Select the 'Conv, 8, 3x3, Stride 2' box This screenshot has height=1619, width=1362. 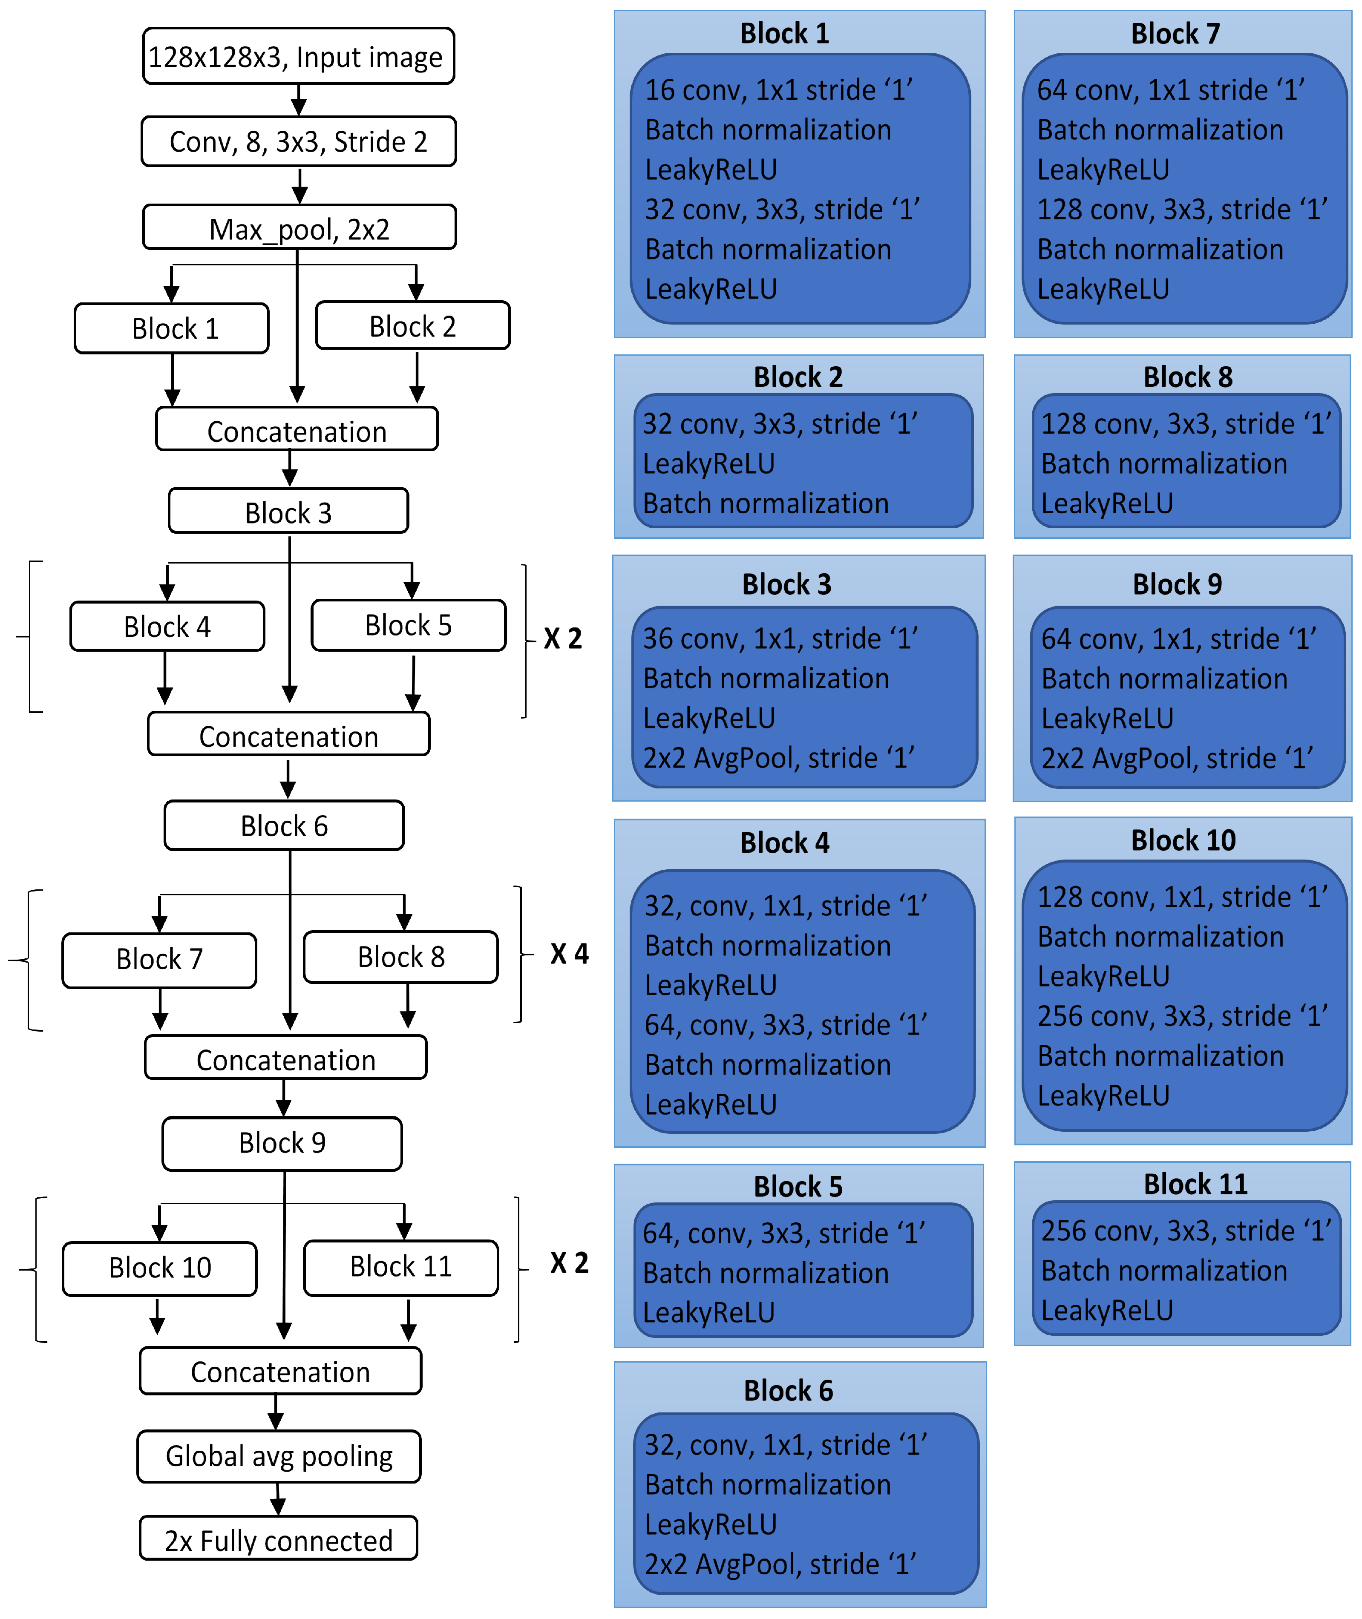298,141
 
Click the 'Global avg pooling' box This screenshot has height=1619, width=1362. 279,1456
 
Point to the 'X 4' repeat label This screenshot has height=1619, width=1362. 569,954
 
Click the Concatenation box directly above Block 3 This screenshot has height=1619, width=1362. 297,430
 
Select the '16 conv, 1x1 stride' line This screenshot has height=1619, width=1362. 778,90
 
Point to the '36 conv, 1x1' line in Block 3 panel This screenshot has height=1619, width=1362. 780,638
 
